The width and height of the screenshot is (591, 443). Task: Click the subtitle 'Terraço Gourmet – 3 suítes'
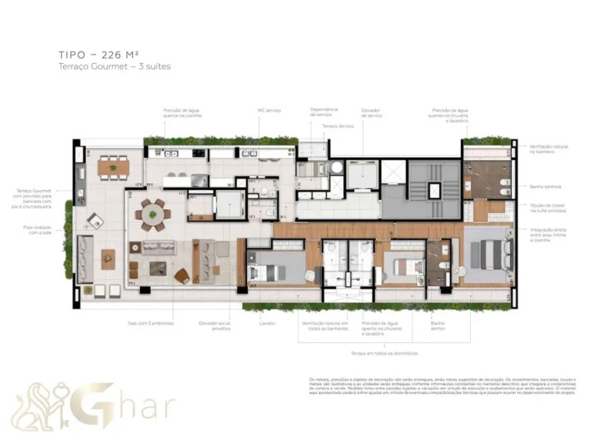coord(114,67)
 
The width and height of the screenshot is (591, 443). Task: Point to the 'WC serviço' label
coord(268,110)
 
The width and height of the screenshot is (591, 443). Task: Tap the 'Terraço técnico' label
coord(338,125)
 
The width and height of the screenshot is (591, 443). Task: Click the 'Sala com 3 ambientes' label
coord(151,323)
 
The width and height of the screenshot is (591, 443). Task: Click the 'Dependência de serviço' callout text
coord(324,113)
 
